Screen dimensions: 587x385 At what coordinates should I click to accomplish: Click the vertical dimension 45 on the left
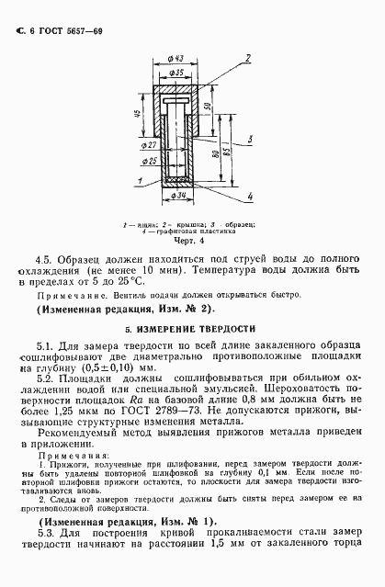click(136, 115)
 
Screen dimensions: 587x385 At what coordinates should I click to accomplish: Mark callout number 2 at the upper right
click(245, 58)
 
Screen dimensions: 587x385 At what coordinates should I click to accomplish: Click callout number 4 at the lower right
click(250, 196)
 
